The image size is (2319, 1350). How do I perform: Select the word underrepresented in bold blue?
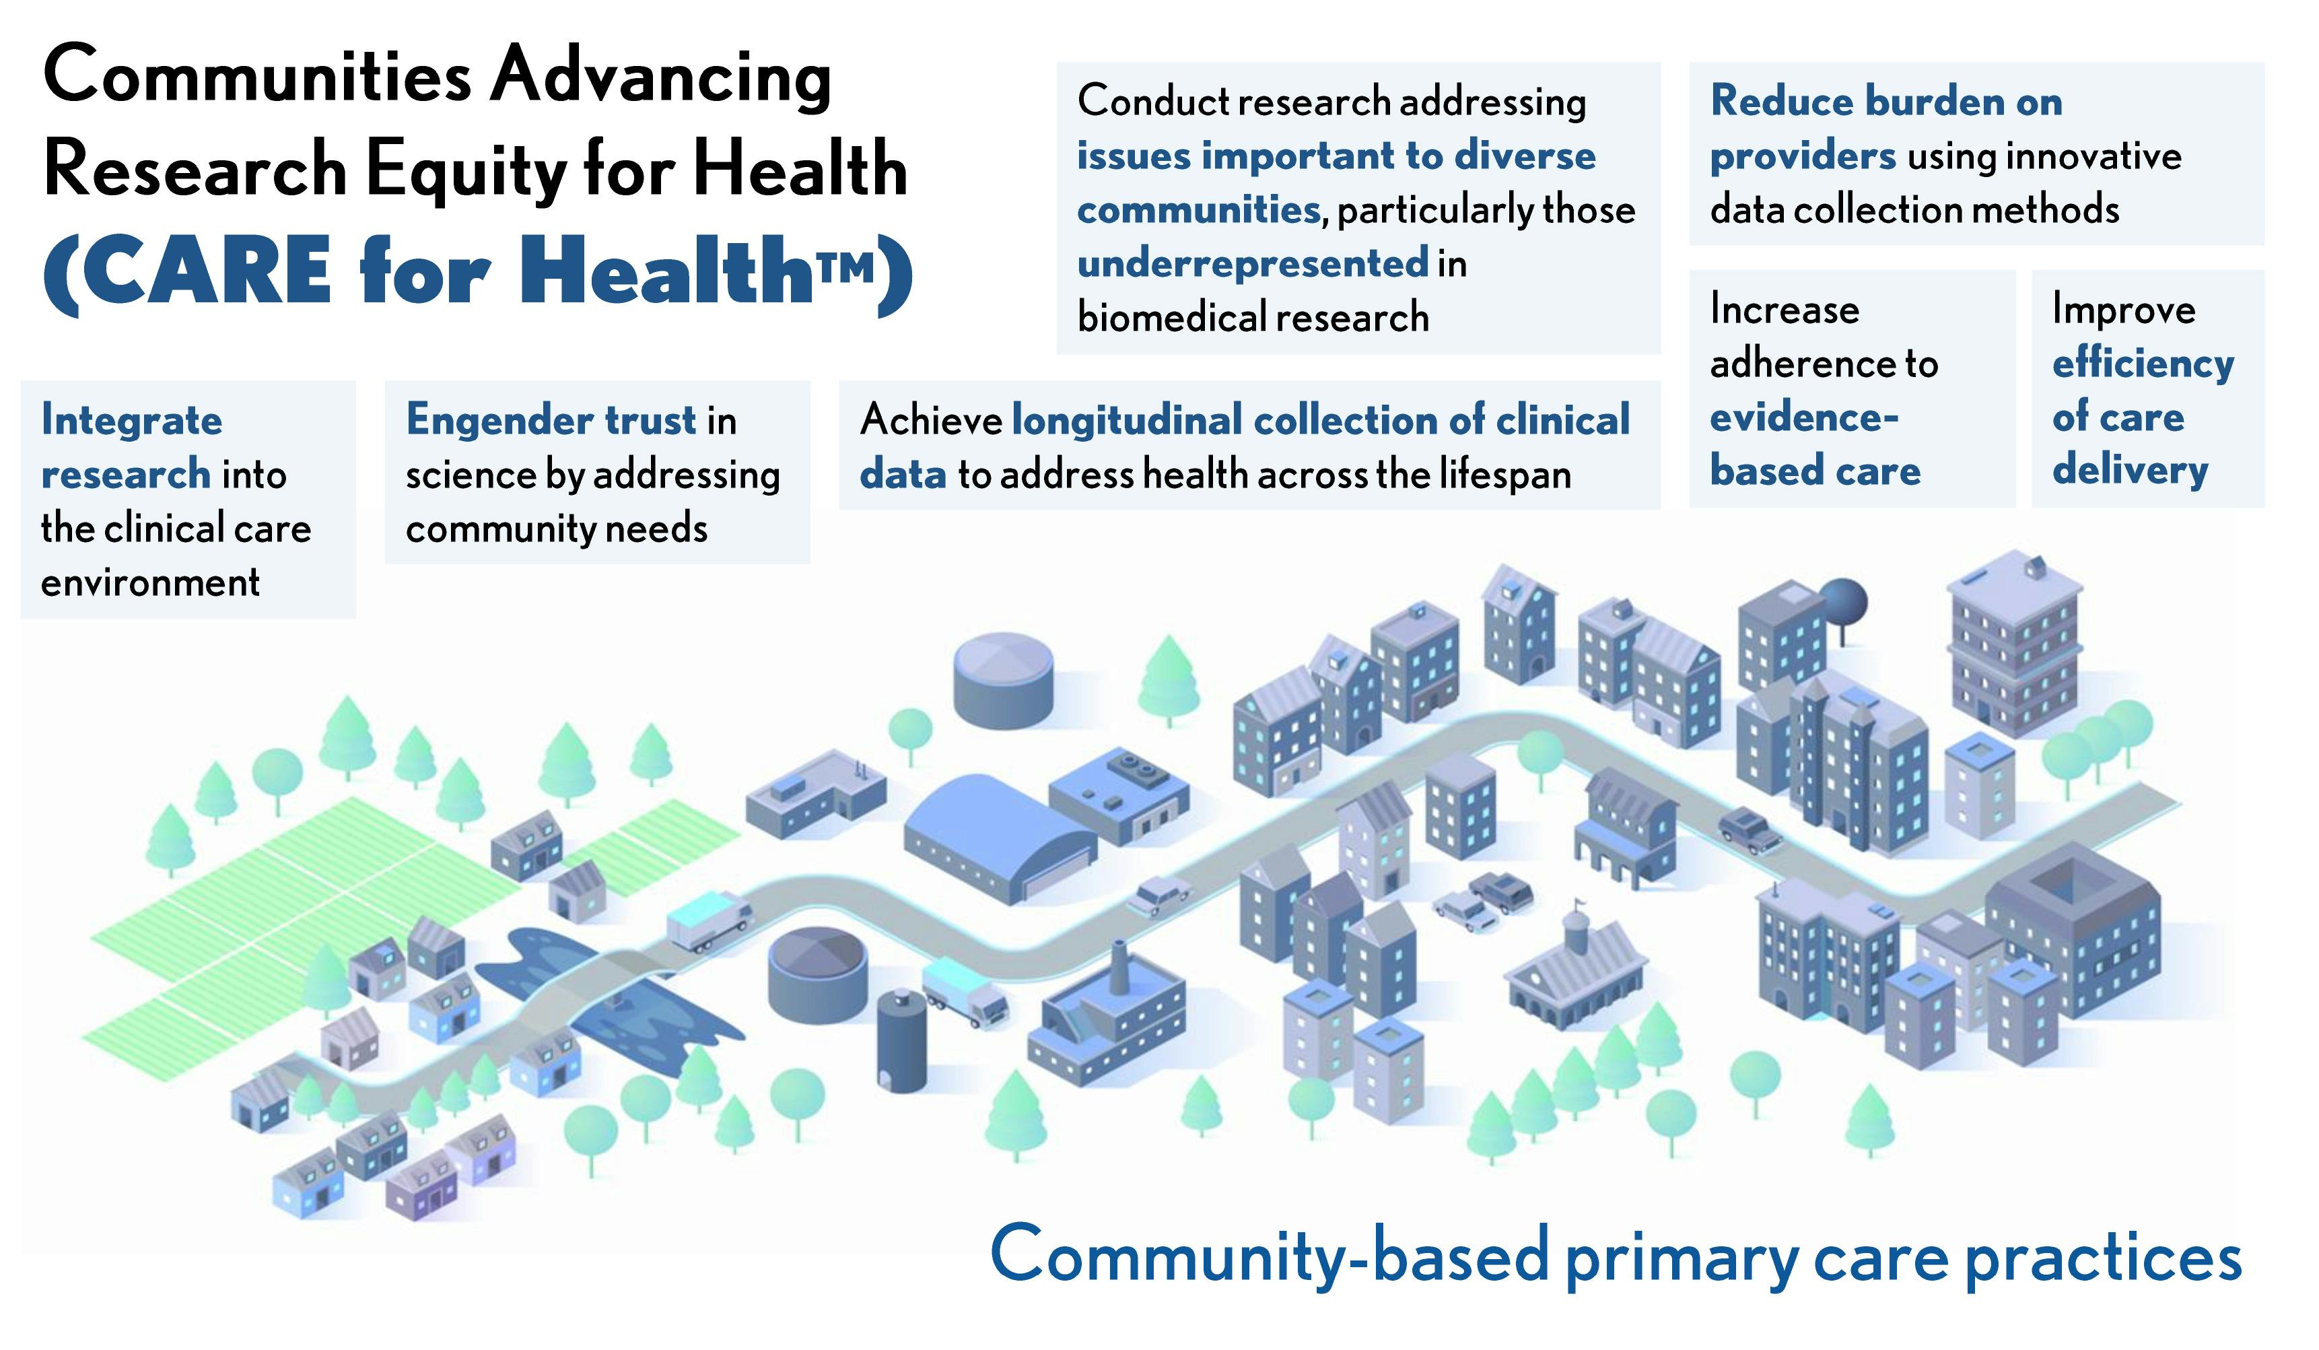click(1253, 264)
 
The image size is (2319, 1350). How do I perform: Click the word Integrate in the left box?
click(131, 421)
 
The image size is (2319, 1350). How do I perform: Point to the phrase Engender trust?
click(552, 421)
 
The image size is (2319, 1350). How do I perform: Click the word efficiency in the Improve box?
click(2143, 364)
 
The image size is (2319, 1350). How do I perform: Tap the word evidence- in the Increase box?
click(1803, 417)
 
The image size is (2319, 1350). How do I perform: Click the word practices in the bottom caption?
click(2104, 1257)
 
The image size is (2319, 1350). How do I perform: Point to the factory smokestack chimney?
click(1118, 966)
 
